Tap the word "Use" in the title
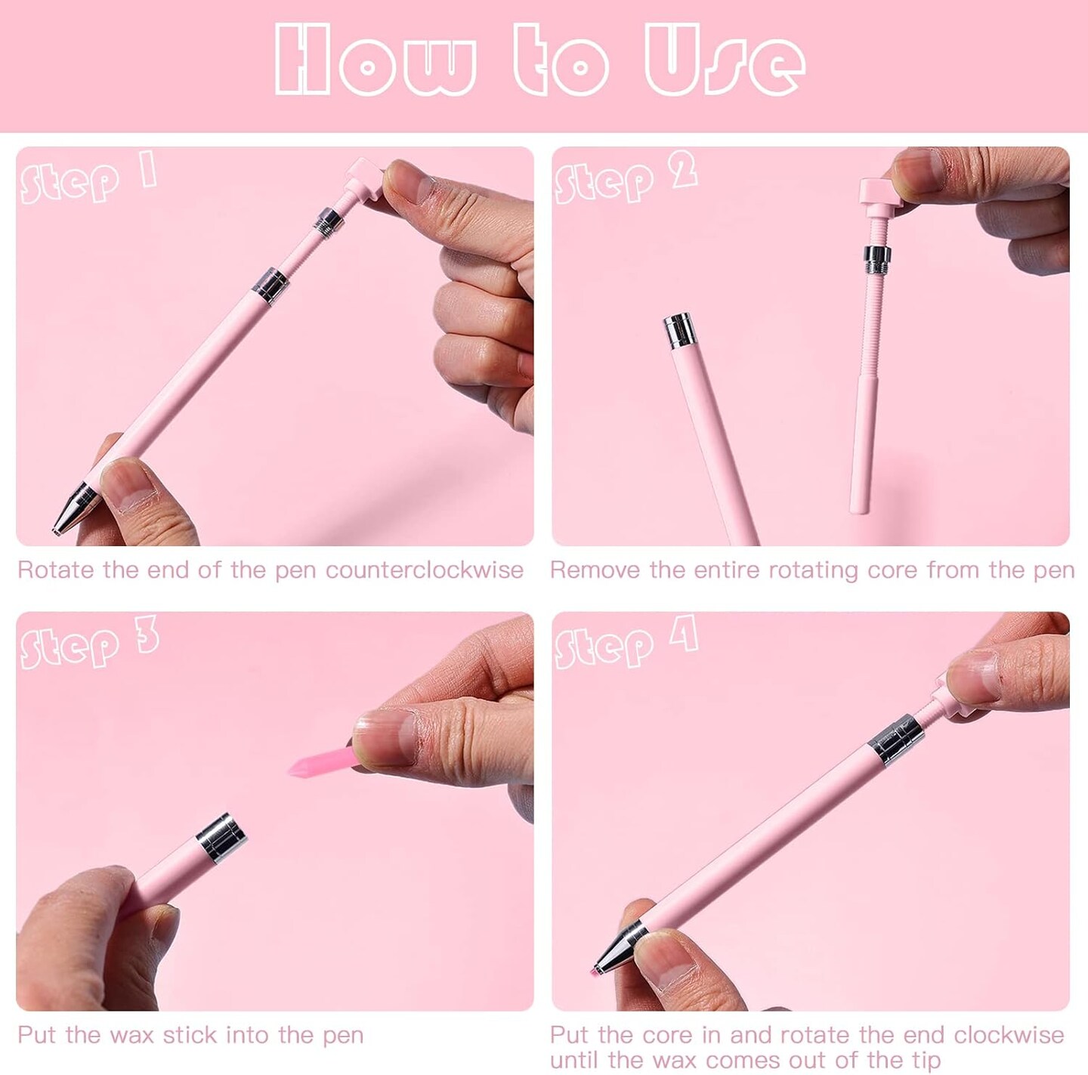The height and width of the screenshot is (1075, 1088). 724,60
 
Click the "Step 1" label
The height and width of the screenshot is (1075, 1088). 88,178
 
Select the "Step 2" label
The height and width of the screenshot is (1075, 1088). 626,178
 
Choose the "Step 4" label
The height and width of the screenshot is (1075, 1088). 626,644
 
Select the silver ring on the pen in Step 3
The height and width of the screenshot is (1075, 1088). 221,836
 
